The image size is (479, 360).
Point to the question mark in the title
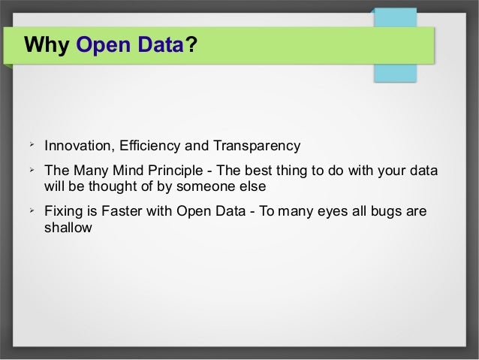(191, 47)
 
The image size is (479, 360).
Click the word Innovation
(77, 145)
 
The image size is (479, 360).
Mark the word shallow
(68, 226)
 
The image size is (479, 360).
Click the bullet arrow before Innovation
(32, 143)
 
